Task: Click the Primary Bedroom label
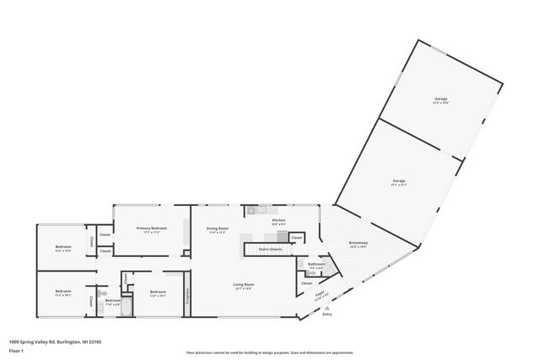tap(152, 228)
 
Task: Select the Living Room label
tap(244, 285)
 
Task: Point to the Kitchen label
tap(278, 220)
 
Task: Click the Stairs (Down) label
tap(270, 249)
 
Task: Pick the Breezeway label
tap(358, 243)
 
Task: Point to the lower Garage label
tap(399, 181)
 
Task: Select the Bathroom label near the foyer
tap(316, 264)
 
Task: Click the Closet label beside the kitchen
tap(296, 239)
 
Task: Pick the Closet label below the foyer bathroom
tap(306, 282)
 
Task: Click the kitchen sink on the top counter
tap(262, 209)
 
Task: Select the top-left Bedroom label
tap(62, 248)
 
